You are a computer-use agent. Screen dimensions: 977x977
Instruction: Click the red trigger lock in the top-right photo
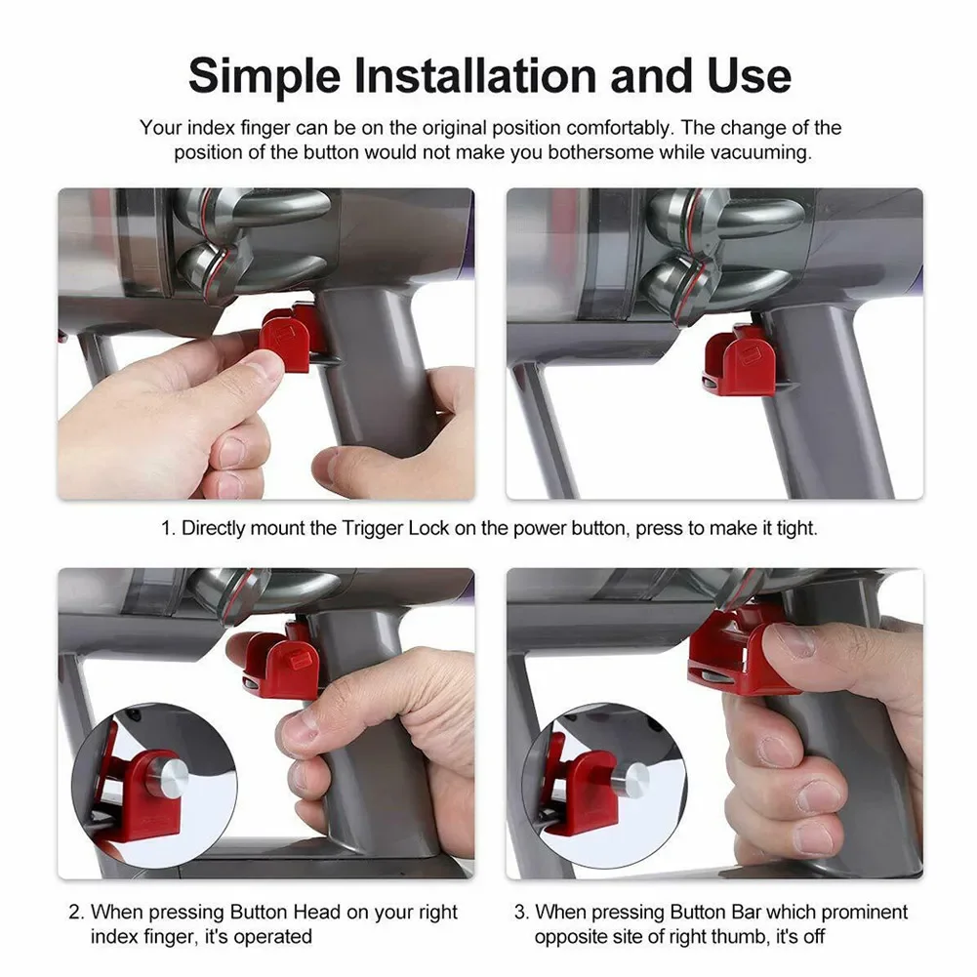tap(741, 361)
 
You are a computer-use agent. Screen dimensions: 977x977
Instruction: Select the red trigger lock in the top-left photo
tap(290, 338)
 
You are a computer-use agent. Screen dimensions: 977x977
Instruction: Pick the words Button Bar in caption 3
tap(715, 913)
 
